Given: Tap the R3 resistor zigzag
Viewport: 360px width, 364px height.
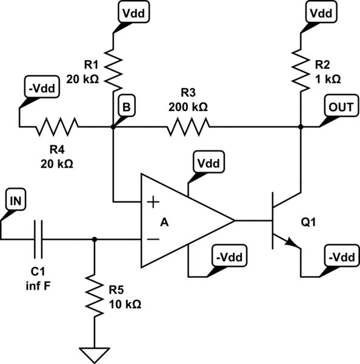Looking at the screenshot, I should [188, 127].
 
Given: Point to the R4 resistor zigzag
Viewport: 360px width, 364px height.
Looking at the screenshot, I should [58, 127].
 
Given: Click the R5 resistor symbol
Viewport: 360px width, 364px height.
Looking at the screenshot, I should [95, 295].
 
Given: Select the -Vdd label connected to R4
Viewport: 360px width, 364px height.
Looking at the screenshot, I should [41, 89].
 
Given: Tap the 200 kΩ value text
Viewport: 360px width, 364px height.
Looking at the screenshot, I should [188, 106].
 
